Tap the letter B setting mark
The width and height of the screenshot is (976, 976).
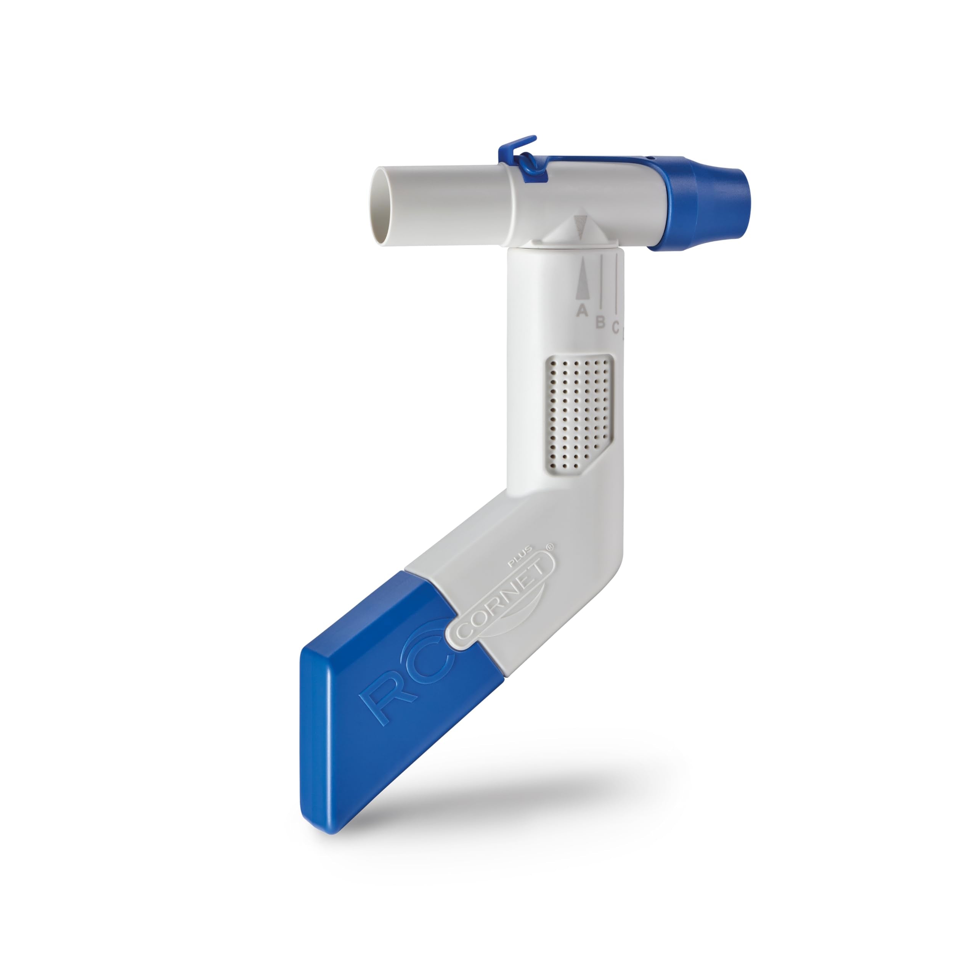[x=600, y=322]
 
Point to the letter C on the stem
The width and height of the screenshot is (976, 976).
[x=615, y=327]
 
